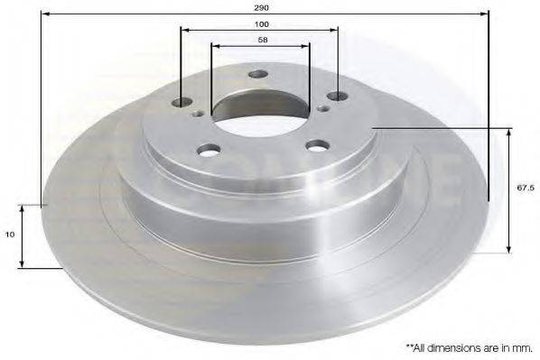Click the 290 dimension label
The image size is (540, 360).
[261, 7]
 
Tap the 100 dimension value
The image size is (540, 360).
[262, 24]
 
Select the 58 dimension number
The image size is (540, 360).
[263, 40]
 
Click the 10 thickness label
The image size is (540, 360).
[10, 235]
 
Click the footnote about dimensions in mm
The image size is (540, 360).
[470, 348]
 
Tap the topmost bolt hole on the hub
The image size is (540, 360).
[258, 74]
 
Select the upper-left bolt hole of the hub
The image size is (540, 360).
[182, 102]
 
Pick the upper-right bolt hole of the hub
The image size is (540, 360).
[338, 97]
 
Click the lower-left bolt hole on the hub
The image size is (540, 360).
[209, 150]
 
